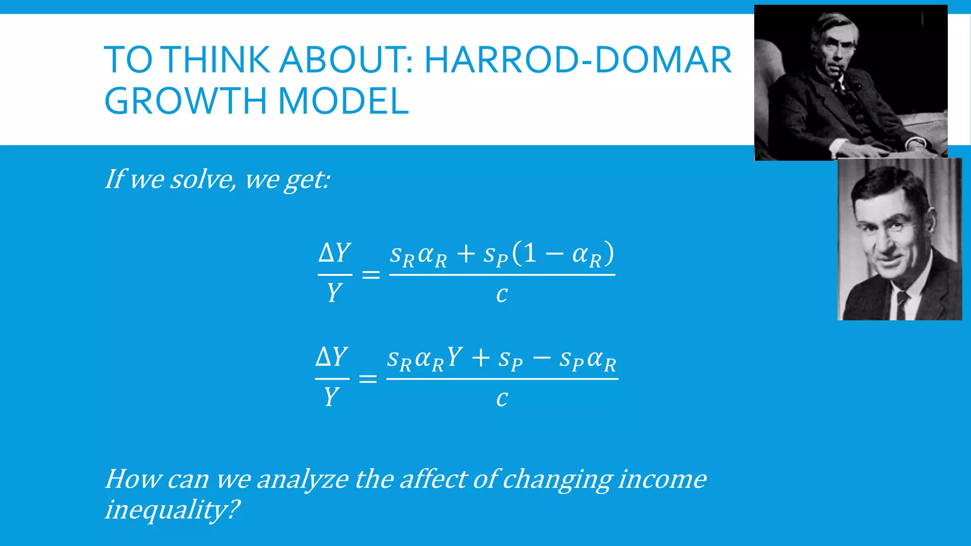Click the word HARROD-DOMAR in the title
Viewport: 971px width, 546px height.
click(x=577, y=60)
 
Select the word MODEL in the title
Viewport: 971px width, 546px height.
click(x=343, y=101)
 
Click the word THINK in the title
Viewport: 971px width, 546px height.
click(x=218, y=60)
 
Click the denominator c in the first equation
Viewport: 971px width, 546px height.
click(x=502, y=295)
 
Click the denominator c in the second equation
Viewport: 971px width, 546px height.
click(x=502, y=399)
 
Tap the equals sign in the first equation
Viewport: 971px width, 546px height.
click(x=371, y=274)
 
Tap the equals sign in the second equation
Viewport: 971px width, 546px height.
click(x=368, y=379)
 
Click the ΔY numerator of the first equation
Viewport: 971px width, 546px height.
click(x=335, y=253)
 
